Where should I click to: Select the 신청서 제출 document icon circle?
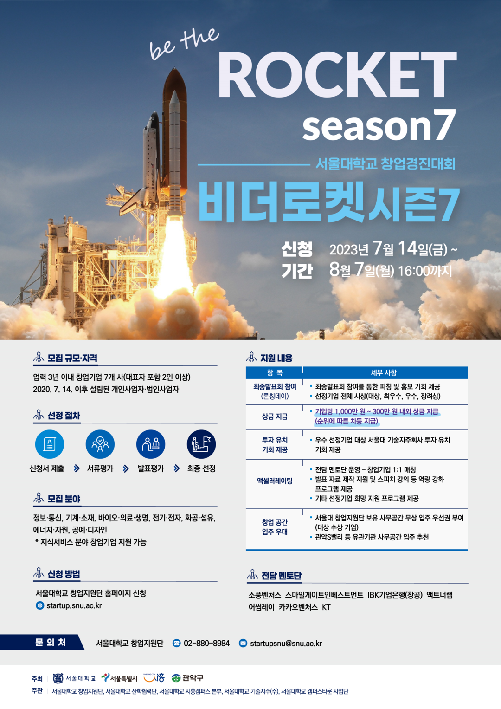49,444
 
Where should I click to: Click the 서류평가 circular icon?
100,444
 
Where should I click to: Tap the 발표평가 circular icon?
151,444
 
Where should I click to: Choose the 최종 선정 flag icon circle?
201,444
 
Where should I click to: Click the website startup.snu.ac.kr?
74,605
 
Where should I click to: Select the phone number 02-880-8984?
206,643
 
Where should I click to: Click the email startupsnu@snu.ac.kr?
286,643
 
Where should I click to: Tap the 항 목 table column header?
275,372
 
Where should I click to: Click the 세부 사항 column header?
383,372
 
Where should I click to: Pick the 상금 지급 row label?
275,416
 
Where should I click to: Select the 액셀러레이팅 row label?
275,481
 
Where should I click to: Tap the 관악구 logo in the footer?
187,678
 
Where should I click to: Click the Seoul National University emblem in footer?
58,678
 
